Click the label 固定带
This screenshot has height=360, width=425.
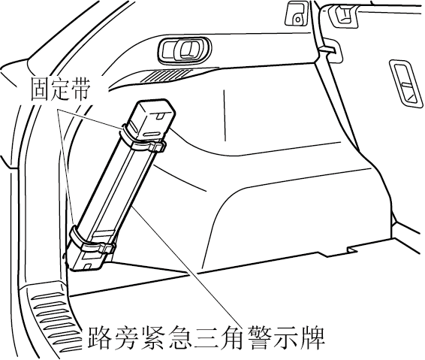click(x=59, y=89)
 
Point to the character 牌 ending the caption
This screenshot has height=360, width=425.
click(x=314, y=337)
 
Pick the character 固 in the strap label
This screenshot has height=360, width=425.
click(x=40, y=89)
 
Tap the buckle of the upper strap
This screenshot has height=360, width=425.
click(x=157, y=147)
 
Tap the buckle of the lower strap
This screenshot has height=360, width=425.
click(x=107, y=248)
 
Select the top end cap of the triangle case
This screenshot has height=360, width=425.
click(x=152, y=119)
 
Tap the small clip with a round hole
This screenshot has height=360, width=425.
click(x=296, y=14)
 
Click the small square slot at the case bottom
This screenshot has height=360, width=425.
click(x=88, y=266)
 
